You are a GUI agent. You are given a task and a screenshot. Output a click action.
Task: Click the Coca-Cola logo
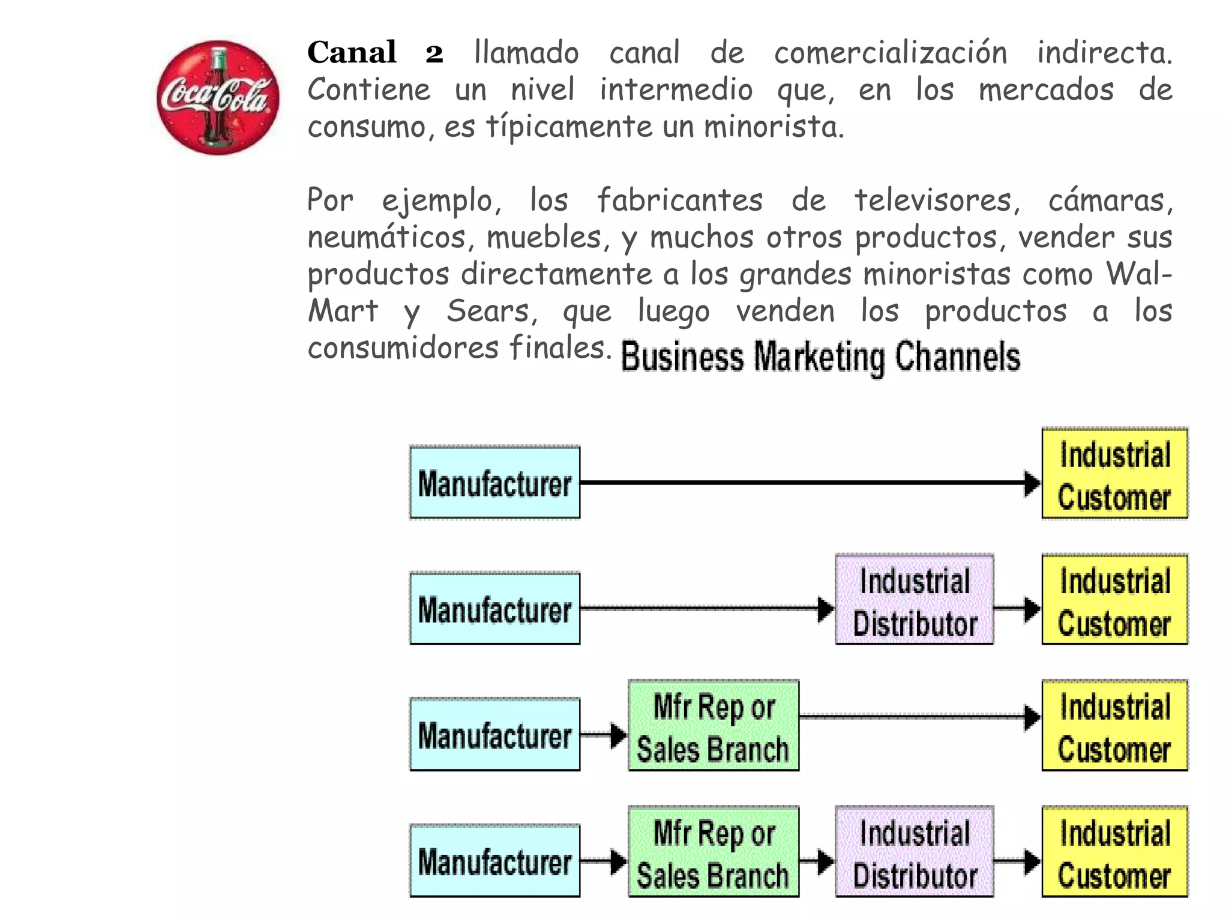coord(217,98)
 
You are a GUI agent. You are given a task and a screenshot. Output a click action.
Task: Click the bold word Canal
coord(352,52)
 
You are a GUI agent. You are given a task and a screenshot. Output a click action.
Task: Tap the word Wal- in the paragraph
coord(1138,274)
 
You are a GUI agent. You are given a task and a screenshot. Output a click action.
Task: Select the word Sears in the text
coord(488,311)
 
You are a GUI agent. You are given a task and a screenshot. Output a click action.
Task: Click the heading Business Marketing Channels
coord(820,357)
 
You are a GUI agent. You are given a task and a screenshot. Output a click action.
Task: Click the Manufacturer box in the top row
coord(494,483)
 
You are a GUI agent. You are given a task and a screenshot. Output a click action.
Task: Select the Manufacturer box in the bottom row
coord(494,861)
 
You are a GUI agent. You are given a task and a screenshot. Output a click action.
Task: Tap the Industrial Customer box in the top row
coord(1114,474)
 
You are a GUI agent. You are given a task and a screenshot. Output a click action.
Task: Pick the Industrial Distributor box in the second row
coord(914,600)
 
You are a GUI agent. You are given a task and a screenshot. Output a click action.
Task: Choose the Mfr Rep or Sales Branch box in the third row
coord(713,726)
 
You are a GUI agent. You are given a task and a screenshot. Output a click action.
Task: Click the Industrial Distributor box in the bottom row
coord(914,852)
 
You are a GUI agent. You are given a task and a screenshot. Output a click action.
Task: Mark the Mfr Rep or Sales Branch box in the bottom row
coord(713,852)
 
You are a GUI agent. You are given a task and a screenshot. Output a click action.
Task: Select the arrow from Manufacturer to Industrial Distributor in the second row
coord(702,609)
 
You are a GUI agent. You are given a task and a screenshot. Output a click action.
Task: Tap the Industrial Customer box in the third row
coord(1114,726)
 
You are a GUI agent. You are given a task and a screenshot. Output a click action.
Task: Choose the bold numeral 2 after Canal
coord(434,53)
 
